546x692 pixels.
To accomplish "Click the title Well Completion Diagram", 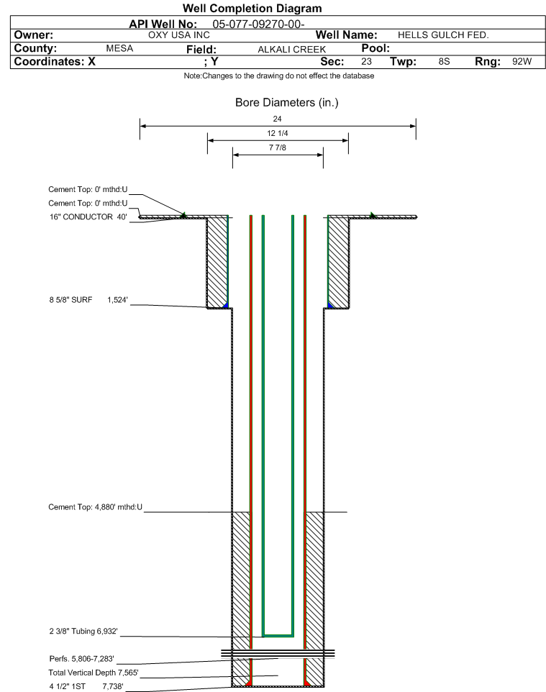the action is pyautogui.click(x=252, y=9).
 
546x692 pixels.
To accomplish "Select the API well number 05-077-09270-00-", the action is pyautogui.click(x=258, y=24).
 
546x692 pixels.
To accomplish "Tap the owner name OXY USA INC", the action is pyautogui.click(x=179, y=35).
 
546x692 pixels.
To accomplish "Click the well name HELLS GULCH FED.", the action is pyautogui.click(x=443, y=35).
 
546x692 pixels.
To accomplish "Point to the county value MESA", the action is pyautogui.click(x=119, y=48).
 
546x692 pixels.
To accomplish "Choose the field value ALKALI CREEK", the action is pyautogui.click(x=292, y=49).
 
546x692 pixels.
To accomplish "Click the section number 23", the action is pyautogui.click(x=366, y=61).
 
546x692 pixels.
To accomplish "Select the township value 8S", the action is pyautogui.click(x=444, y=61).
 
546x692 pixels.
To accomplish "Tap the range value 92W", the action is pyautogui.click(x=522, y=61).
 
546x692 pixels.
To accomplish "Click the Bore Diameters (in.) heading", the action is pyautogui.click(x=286, y=102).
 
